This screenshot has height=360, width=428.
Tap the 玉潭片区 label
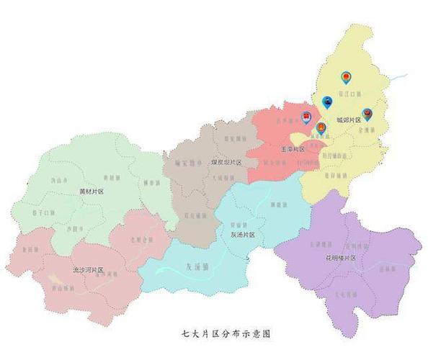tap(292, 149)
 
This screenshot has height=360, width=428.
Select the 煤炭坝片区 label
tap(226, 163)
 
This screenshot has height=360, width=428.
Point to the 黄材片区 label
tap(92, 192)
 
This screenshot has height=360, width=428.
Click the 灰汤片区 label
tap(246, 235)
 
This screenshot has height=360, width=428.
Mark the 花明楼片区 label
tap(340, 257)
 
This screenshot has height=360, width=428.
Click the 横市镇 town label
tap(151, 184)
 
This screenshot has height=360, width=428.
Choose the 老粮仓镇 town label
tap(141, 239)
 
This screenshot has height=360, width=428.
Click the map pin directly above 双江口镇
tap(346, 76)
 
